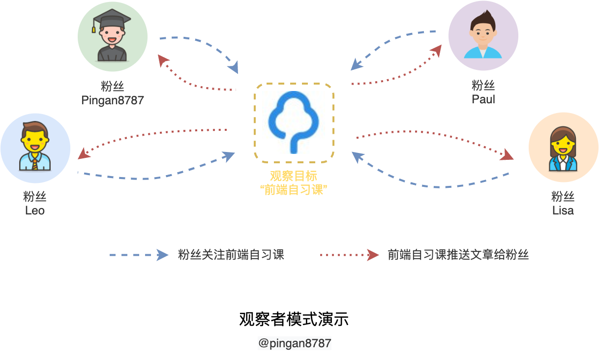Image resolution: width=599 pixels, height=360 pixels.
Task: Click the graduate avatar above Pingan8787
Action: pos(112,37)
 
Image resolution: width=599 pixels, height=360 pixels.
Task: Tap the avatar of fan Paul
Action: pos(483,36)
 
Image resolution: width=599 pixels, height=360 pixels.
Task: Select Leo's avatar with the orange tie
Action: pos(35,148)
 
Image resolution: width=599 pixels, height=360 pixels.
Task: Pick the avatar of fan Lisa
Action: pos(563,148)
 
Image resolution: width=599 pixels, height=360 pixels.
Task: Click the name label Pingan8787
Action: pos(113,101)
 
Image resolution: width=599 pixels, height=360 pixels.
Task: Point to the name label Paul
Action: pos(483,99)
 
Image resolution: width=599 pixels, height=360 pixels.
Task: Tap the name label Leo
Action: pos(35,211)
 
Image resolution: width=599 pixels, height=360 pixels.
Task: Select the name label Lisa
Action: pos(563,211)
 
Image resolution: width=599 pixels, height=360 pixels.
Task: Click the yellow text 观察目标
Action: pos(294,177)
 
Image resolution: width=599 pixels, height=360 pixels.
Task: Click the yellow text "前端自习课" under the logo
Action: pos(294,190)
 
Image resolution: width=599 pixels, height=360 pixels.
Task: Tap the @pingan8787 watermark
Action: pos(295,343)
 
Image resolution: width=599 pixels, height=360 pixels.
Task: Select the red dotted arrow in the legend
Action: pos(349,255)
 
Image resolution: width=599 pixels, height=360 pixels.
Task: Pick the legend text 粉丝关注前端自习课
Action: pos(231,255)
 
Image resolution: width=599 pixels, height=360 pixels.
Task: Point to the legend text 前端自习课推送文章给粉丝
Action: pos(458,255)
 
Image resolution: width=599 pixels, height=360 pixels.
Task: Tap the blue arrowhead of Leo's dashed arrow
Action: pos(228,156)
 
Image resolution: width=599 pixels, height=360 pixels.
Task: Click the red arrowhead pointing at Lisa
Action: pos(507,156)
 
